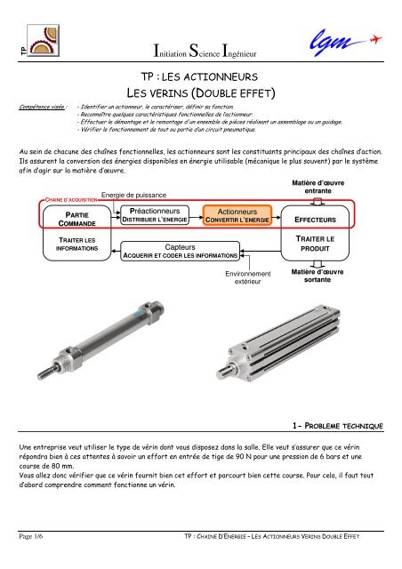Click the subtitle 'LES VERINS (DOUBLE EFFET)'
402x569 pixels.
point(200,93)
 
